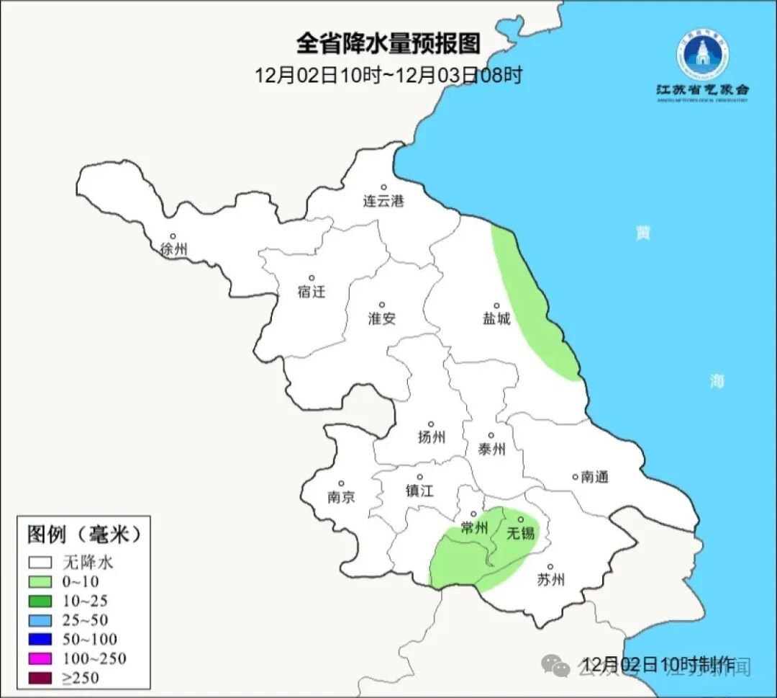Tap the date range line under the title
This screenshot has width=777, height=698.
(x=388, y=75)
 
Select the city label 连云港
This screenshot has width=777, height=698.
(x=383, y=201)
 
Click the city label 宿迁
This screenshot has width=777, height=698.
(x=311, y=292)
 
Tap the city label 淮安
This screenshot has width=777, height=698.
(x=382, y=318)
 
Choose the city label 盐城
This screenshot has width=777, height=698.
(x=496, y=318)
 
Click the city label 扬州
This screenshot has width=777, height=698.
(x=431, y=437)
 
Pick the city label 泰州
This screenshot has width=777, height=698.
(x=491, y=449)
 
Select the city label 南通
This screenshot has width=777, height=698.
(x=594, y=477)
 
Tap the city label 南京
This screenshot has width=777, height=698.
(x=341, y=497)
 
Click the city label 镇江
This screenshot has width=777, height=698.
(x=419, y=491)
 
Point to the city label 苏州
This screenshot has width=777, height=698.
(x=550, y=580)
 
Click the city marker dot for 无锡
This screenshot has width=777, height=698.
(x=520, y=519)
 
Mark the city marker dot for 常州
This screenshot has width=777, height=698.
(x=473, y=514)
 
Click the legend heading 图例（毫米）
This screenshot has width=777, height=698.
(x=83, y=534)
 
